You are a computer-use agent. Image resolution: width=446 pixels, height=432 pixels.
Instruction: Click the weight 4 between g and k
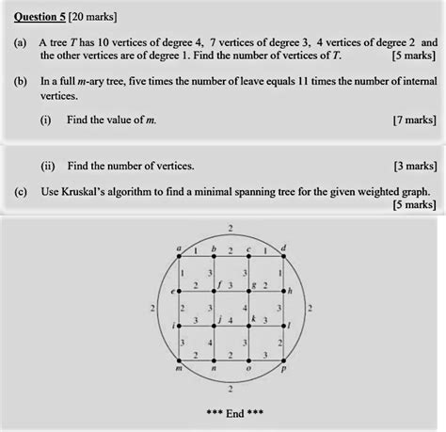click(x=245, y=308)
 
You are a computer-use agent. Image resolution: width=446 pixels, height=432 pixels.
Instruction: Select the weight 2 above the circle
click(x=231, y=227)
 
